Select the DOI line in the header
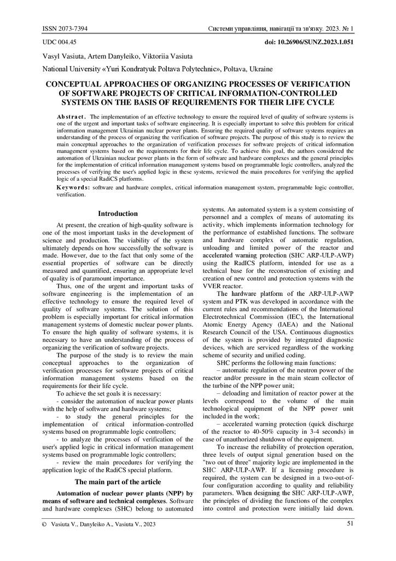coord(309,42)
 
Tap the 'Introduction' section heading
coord(118,214)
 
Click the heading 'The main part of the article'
coord(118,482)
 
